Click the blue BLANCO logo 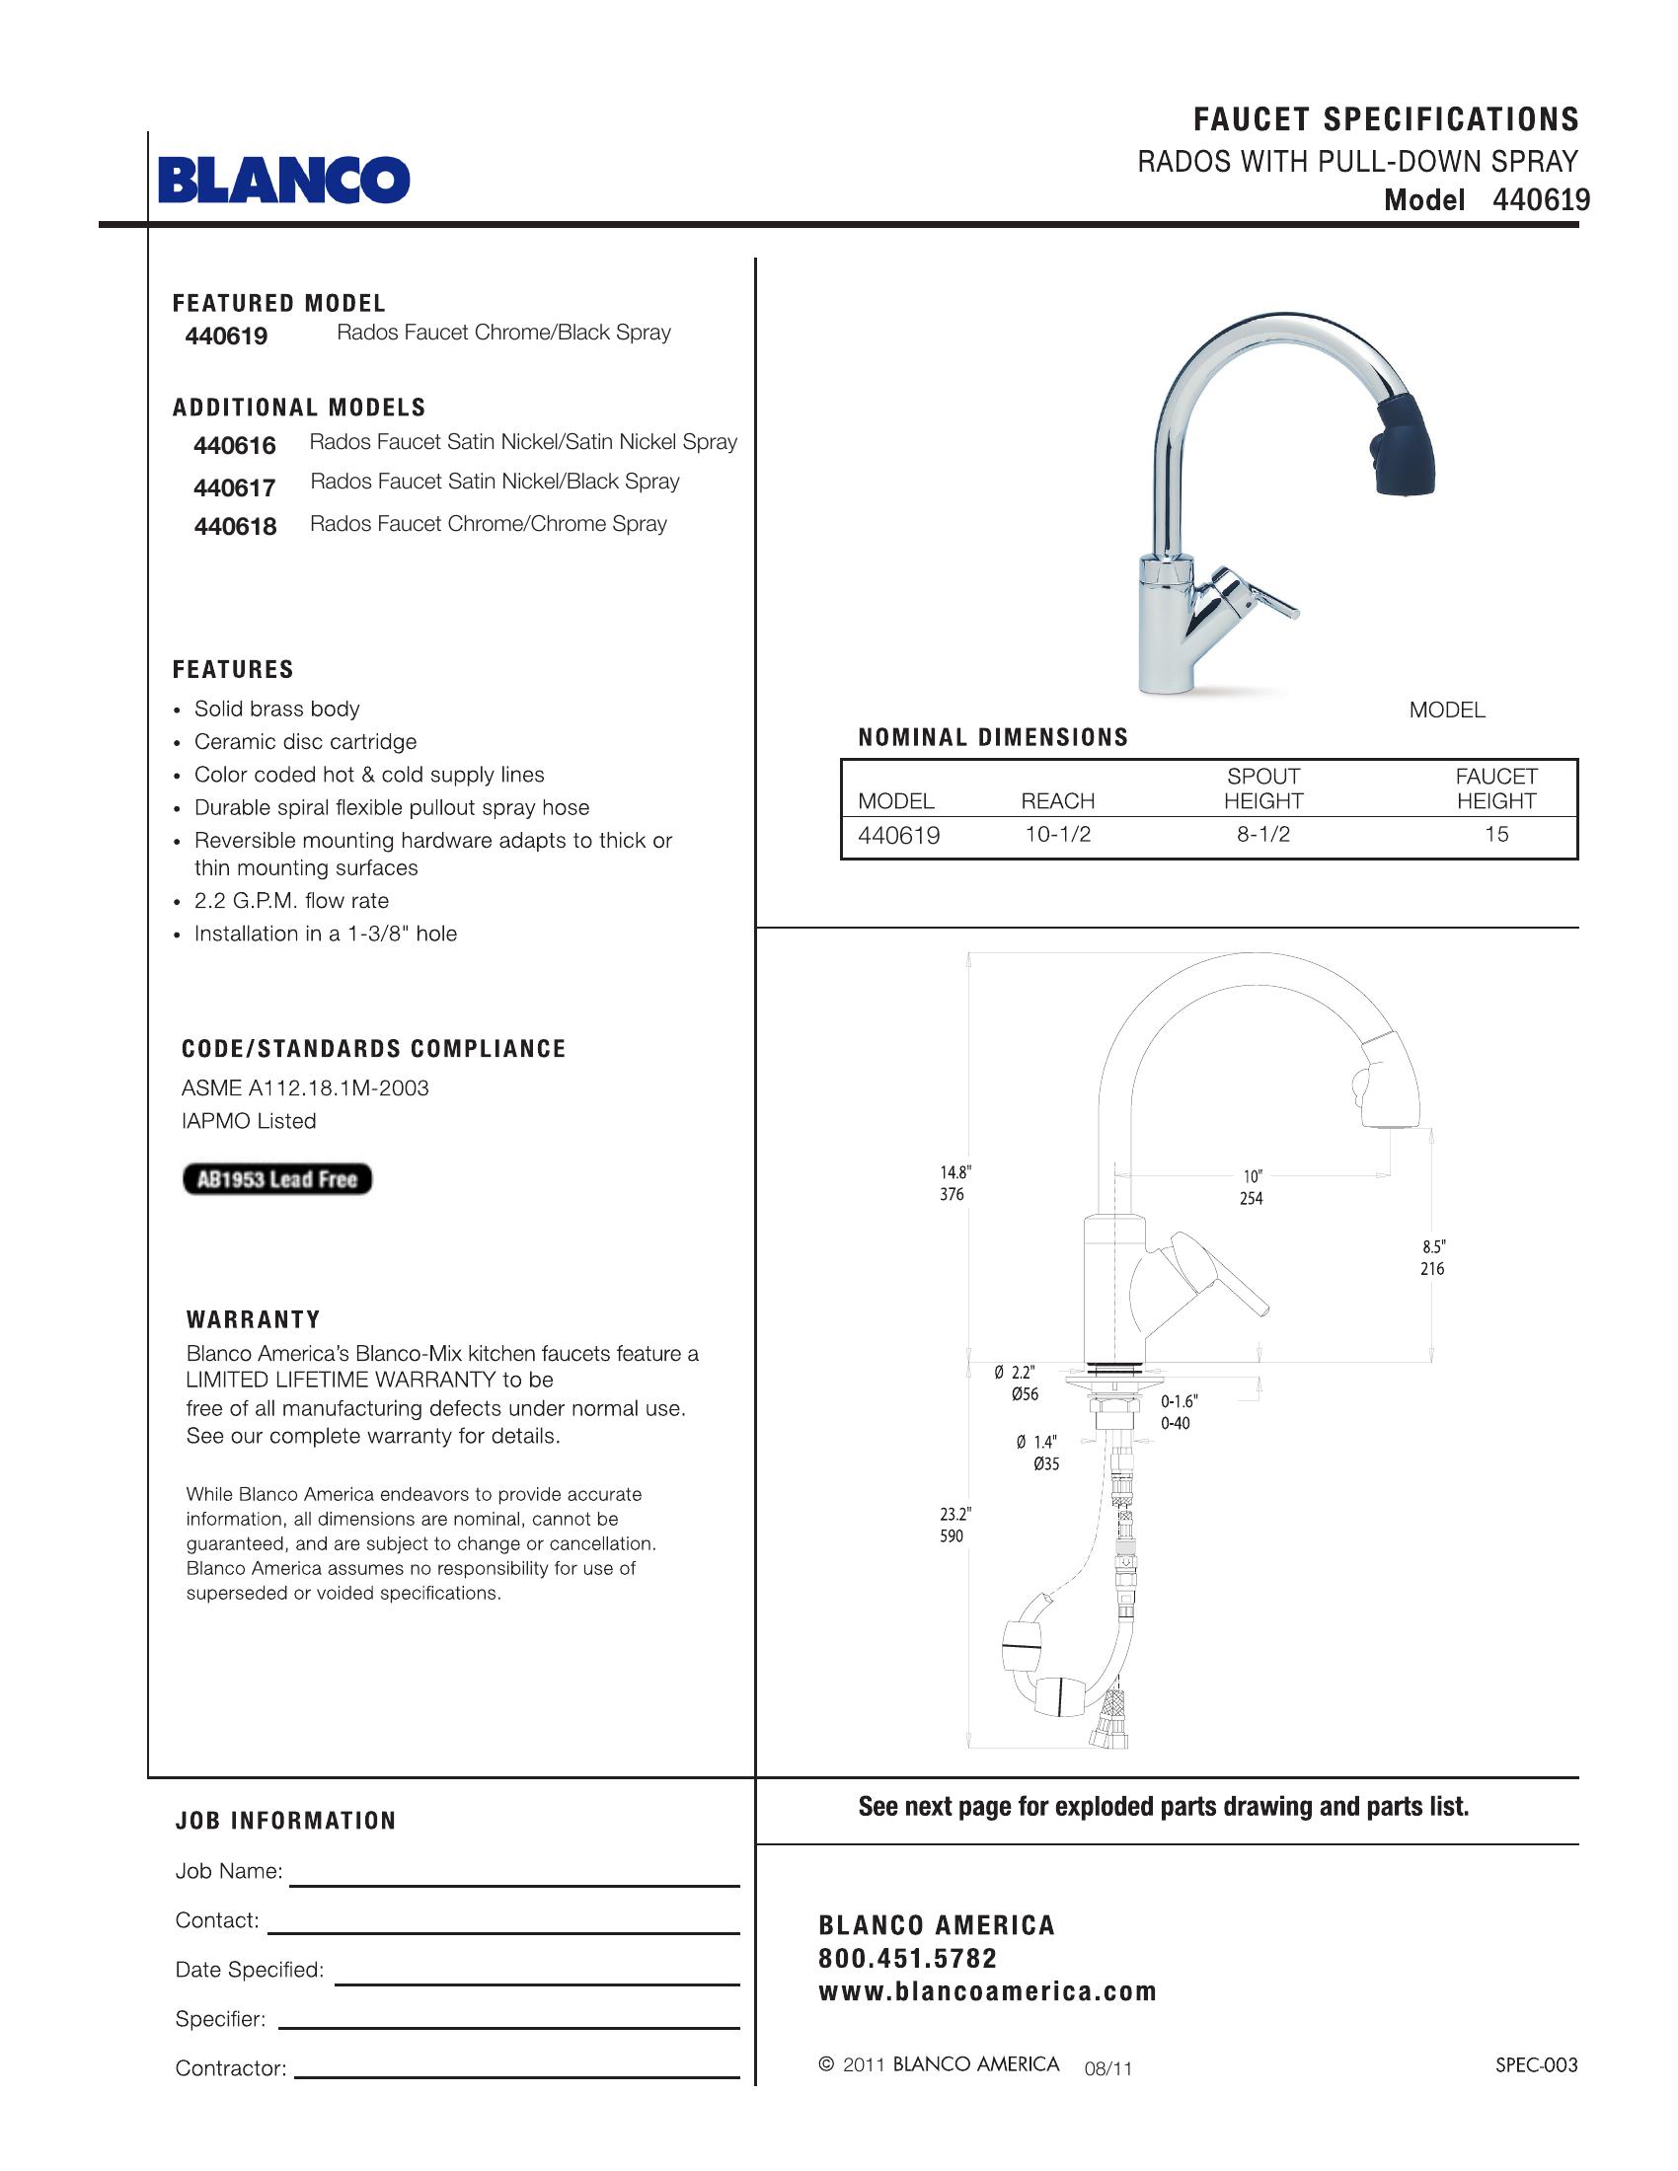pos(283,180)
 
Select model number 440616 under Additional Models pos(235,445)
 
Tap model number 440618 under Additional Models pos(235,526)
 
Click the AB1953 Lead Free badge pos(276,1179)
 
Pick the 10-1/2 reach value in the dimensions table pos(1058,834)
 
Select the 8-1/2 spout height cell pos(1262,834)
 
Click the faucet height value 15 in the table pos(1496,834)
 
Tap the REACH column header pos(1058,801)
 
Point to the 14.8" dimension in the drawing pos(954,1173)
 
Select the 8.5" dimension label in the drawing pos(1432,1246)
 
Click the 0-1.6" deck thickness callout pos(1179,1401)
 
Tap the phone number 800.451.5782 pos(906,1958)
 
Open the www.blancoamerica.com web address pos(987,1992)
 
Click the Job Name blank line pos(514,1883)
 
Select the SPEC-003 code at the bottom pos(1536,2064)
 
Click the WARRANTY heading pos(254,1319)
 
